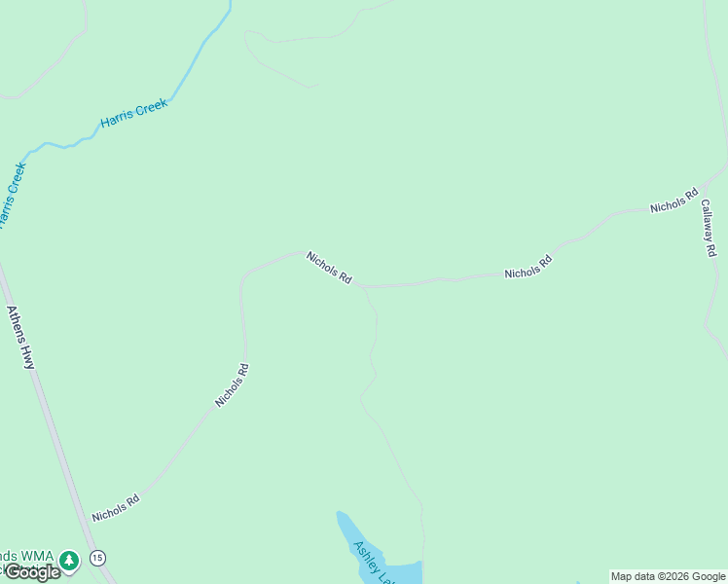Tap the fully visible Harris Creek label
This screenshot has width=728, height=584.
tap(134, 114)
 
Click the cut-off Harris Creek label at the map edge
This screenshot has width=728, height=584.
tap(12, 195)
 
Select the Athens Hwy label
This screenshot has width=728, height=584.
tap(20, 338)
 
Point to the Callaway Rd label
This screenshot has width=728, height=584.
tap(709, 229)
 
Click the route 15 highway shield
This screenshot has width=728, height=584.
tap(97, 558)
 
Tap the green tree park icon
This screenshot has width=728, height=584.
tap(69, 561)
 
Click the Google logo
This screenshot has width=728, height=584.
tap(33, 572)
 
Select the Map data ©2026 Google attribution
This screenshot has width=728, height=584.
tap(668, 576)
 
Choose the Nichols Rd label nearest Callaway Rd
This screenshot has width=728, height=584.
tap(674, 201)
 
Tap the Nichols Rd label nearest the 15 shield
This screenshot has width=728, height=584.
tap(116, 507)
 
